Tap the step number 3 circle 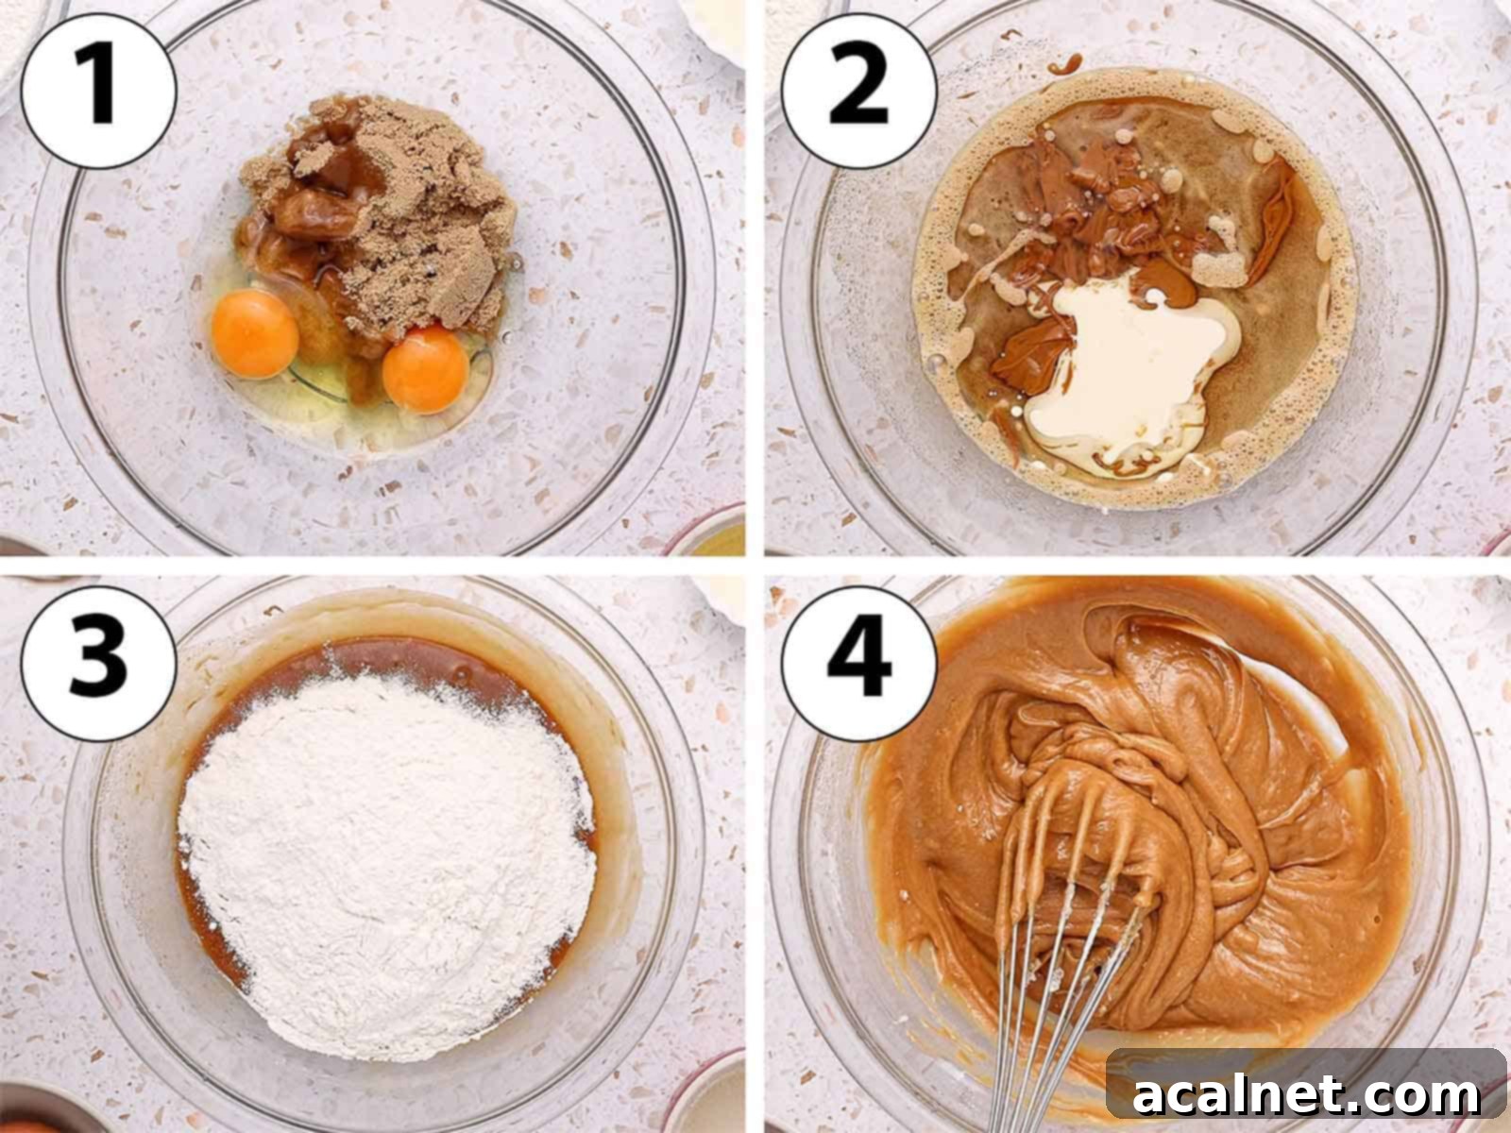pyautogui.click(x=98, y=655)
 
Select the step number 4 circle pyautogui.click(x=858, y=655)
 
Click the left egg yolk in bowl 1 pyautogui.click(x=255, y=334)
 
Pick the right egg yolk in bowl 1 pyautogui.click(x=425, y=369)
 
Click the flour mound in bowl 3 pyautogui.click(x=387, y=850)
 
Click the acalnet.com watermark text pyautogui.click(x=1307, y=1096)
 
